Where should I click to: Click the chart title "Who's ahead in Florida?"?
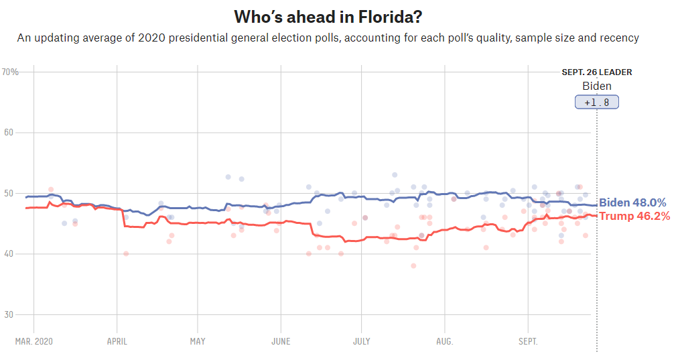point(328,15)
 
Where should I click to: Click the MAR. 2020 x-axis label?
point(33,341)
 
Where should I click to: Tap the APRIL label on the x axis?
point(117,341)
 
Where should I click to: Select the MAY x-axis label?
point(198,341)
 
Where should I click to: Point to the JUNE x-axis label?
point(281,341)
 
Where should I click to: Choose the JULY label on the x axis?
point(361,341)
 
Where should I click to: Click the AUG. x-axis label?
point(445,341)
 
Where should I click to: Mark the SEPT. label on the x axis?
point(528,341)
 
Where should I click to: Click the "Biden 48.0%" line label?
point(632,203)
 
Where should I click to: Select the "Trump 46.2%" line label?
point(634,216)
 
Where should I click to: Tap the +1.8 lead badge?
point(596,103)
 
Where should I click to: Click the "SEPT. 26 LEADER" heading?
point(596,72)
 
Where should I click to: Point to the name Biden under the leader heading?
point(596,86)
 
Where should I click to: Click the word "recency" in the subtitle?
point(619,38)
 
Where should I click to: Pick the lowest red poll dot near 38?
point(413,265)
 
